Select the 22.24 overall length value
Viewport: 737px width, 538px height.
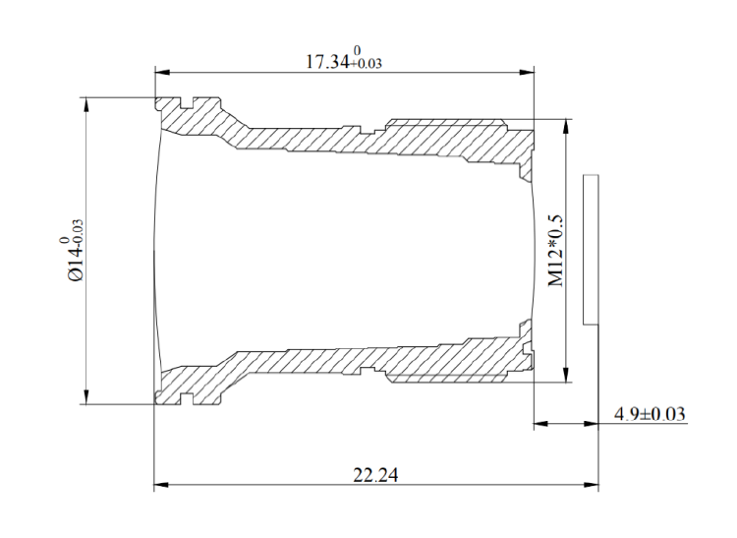(x=375, y=474)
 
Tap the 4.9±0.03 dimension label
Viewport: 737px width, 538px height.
(x=650, y=414)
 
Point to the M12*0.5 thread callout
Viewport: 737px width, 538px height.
(x=556, y=251)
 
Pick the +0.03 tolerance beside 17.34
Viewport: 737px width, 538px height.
(x=368, y=65)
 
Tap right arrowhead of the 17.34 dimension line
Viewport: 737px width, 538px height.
(x=527, y=71)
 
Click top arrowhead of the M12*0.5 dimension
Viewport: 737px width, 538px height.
(x=566, y=126)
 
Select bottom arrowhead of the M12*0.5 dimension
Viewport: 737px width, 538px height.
(x=566, y=377)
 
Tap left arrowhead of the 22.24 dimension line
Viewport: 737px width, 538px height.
(x=161, y=485)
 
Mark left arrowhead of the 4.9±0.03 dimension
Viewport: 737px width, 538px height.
(x=539, y=424)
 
